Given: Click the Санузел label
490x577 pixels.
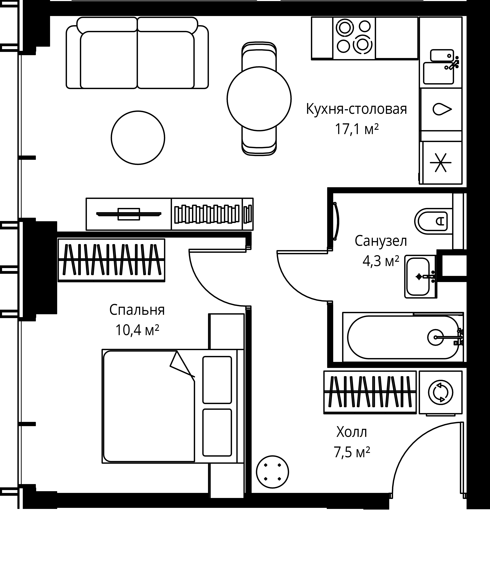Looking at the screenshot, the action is click(x=381, y=241).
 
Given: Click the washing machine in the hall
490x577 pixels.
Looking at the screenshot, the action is click(x=441, y=392).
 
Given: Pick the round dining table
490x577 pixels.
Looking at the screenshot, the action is click(x=259, y=99).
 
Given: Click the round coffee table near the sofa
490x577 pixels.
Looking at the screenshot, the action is click(x=138, y=138).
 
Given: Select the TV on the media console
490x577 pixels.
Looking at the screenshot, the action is click(x=129, y=214).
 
